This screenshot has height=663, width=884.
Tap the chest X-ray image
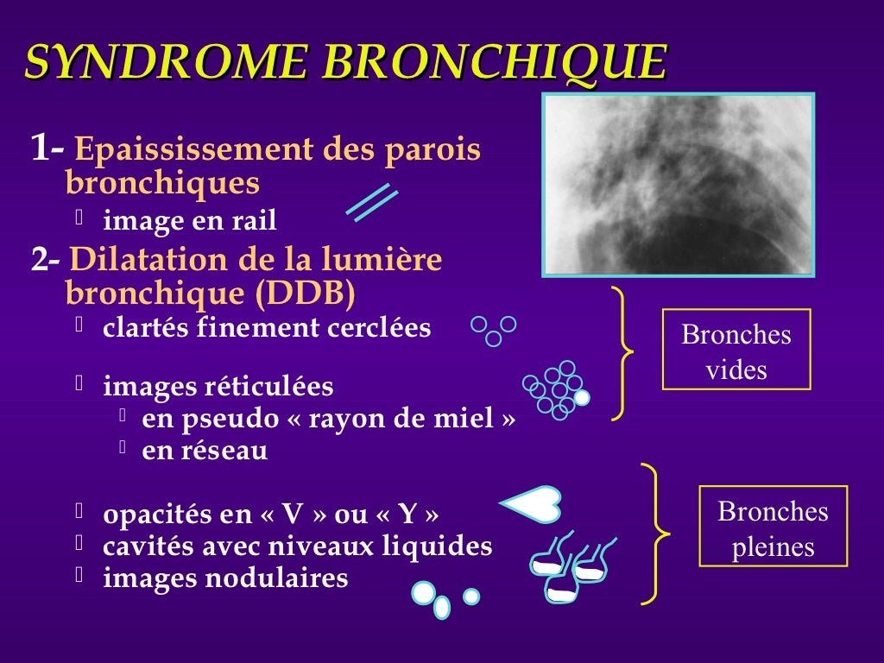679,185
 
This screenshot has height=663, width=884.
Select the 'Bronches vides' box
736,349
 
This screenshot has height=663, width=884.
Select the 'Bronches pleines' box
773,526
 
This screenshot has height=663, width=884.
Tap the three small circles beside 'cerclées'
494,329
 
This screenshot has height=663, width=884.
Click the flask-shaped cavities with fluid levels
570,570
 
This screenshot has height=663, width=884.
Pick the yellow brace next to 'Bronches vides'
622,353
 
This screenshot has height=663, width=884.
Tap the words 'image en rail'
190,221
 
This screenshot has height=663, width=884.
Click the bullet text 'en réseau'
205,451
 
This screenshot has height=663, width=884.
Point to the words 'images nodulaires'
225,578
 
